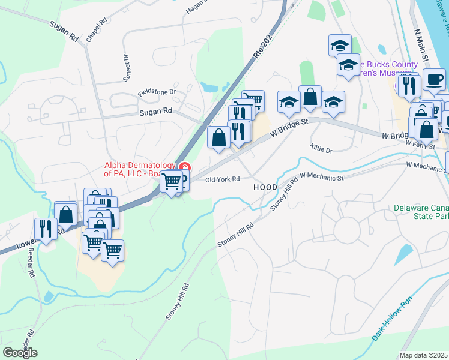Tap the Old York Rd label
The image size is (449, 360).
pos(222,179)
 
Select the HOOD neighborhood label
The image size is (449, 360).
pos(265,187)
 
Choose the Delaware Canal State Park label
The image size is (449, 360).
pos(421,212)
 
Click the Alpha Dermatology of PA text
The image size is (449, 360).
pos(139,170)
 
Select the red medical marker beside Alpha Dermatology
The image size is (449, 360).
pos(185,167)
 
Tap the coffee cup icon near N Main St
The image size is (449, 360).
pos(434,79)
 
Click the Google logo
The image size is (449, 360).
pos(20,353)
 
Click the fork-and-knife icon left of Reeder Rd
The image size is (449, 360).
pos(46,228)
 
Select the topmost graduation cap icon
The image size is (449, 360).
pos(340,45)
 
